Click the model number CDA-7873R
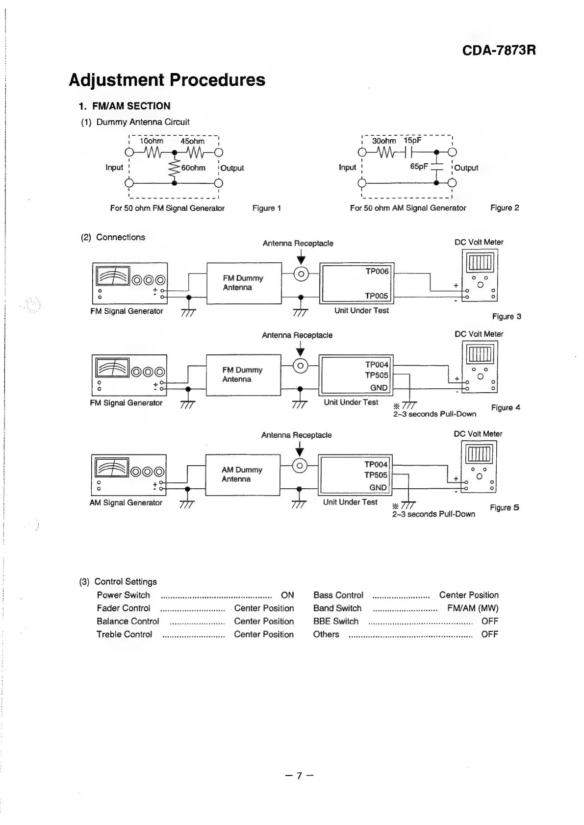(499, 50)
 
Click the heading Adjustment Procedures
(167, 80)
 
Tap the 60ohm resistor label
(193, 168)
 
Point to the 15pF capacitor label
(412, 141)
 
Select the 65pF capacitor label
(419, 167)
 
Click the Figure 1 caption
(266, 208)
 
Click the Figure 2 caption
(505, 208)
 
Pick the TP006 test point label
(377, 272)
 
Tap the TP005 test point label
(376, 296)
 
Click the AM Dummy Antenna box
(242, 475)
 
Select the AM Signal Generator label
(126, 503)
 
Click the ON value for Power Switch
(287, 595)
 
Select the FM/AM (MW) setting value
(473, 608)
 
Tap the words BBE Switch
(336, 622)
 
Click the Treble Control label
(125, 634)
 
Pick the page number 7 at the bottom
(299, 776)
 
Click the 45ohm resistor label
(192, 141)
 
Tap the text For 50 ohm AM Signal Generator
(408, 208)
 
